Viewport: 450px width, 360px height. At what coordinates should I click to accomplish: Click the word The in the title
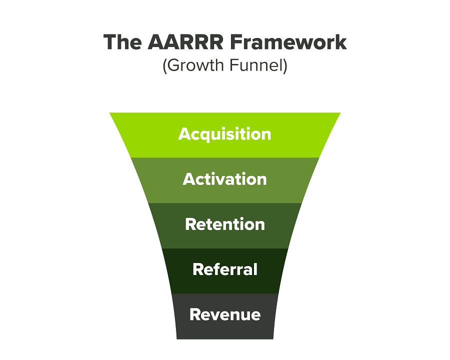(123, 42)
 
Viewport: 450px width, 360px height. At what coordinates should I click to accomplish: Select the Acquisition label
(225, 134)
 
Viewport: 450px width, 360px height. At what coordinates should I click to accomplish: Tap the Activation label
(225, 179)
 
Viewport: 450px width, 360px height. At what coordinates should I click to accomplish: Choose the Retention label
(225, 224)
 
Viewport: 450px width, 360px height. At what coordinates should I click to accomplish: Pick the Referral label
(225, 269)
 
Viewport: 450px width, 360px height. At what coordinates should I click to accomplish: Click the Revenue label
(225, 314)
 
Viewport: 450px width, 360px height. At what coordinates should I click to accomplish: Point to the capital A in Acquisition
(184, 134)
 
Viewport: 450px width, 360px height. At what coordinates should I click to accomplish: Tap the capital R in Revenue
(195, 314)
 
